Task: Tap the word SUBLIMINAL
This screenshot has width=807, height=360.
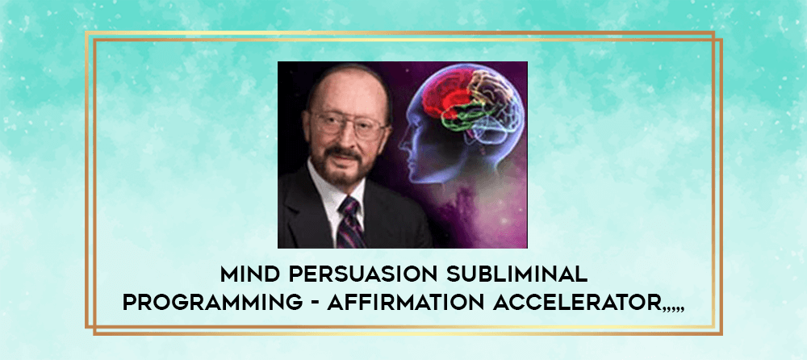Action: coord(517,275)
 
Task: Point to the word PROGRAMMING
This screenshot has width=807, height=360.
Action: coord(212,303)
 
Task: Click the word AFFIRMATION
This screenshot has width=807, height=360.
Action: coord(406,303)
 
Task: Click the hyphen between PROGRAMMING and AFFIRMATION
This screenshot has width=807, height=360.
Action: coord(315,303)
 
